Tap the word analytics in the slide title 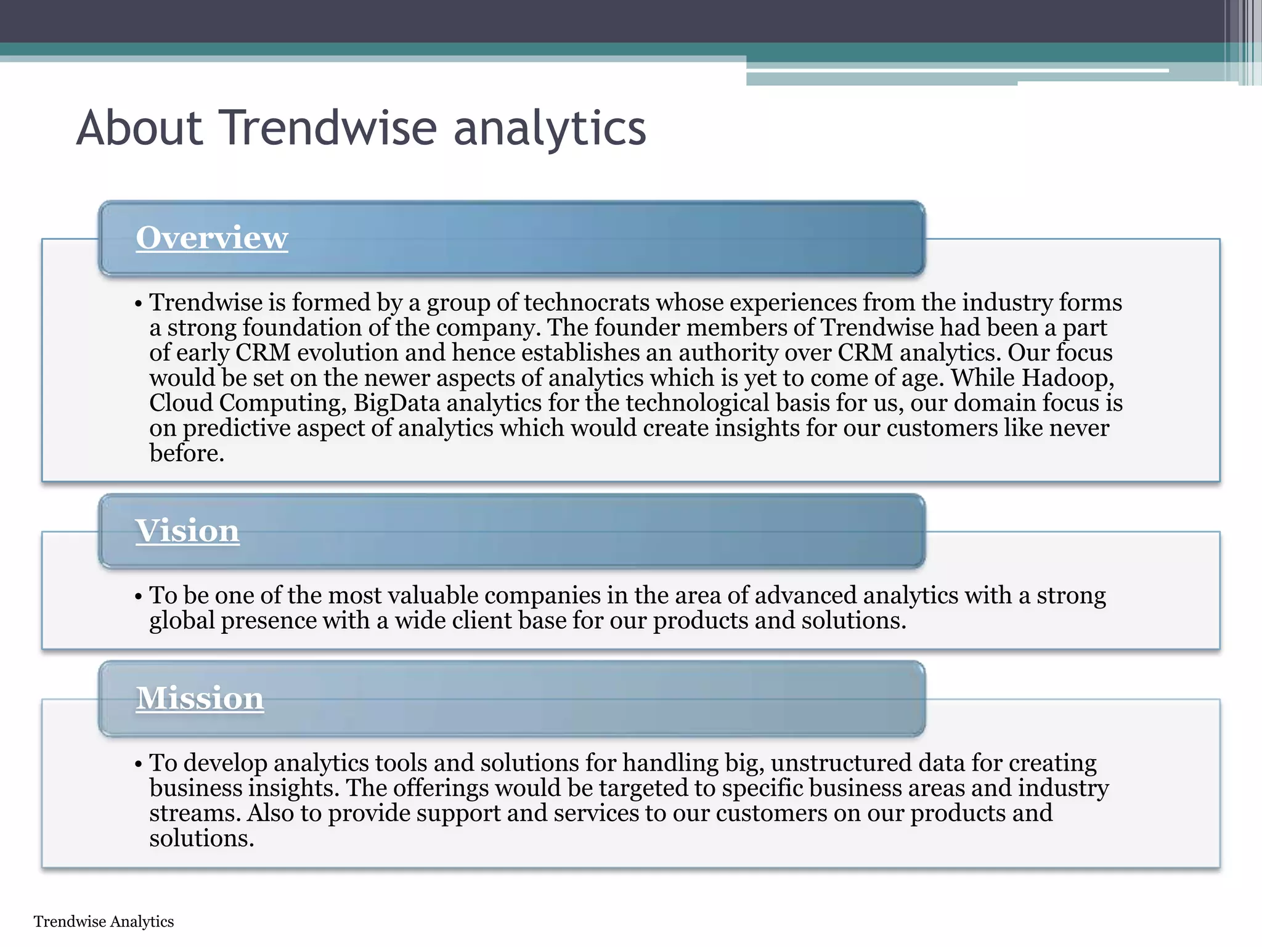click(x=550, y=129)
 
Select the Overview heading click(x=211, y=238)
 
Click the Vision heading click(x=187, y=531)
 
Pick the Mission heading click(x=200, y=699)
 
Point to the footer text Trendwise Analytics click(x=104, y=922)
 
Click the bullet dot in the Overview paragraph click(x=139, y=304)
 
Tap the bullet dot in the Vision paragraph click(x=139, y=597)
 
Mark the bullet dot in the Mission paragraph click(x=139, y=765)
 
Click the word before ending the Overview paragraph click(x=186, y=454)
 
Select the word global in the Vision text click(x=182, y=621)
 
